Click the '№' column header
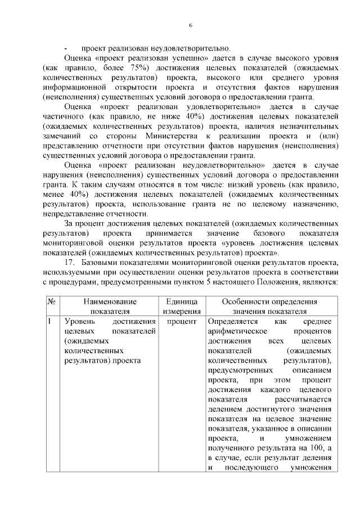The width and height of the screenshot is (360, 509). tap(51, 301)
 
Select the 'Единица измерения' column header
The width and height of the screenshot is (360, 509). tap(182, 306)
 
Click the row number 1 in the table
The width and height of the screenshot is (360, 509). tap(50, 321)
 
